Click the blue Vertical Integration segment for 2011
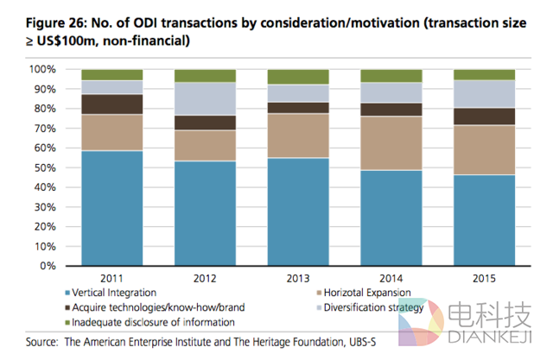(111, 207)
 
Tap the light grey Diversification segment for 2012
(204, 98)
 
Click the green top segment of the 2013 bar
(297, 77)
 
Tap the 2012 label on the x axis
(204, 278)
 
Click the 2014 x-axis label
(391, 278)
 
